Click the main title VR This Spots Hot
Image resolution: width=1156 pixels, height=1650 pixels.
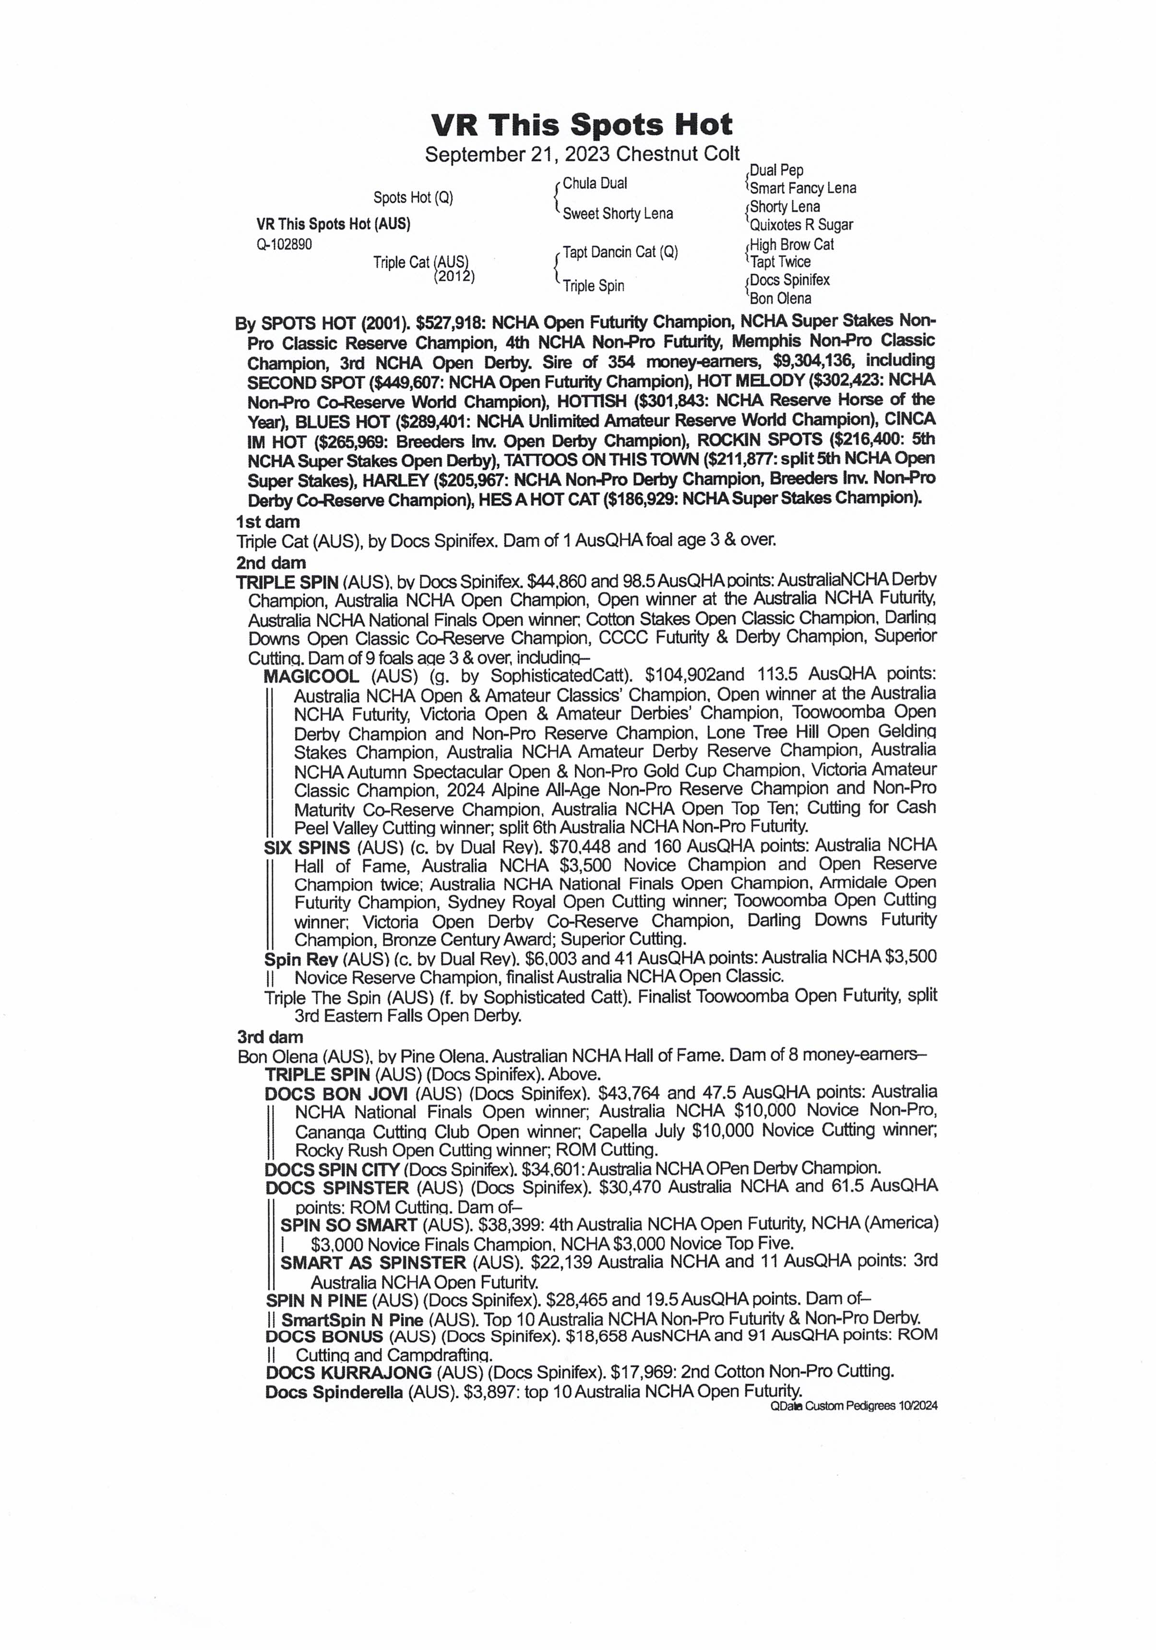[581, 125]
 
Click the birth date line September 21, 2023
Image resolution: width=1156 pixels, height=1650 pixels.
[581, 155]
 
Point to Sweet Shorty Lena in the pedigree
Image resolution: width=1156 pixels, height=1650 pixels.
[617, 214]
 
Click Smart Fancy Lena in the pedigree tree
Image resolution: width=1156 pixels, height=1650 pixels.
[802, 188]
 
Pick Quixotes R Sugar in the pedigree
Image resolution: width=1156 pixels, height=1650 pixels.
[801, 225]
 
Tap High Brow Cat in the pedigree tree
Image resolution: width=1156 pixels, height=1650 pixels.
[792, 244]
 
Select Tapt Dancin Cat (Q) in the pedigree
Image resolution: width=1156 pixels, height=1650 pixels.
[620, 252]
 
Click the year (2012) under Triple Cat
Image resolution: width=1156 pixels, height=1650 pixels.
[454, 277]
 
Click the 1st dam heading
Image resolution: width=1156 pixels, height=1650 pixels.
[268, 522]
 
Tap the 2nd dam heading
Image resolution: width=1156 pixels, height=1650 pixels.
[271, 563]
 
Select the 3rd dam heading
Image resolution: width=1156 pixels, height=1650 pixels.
[270, 1037]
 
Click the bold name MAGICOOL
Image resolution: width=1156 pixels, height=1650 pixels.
[311, 676]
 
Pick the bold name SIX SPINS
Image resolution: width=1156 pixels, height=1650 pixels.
[307, 848]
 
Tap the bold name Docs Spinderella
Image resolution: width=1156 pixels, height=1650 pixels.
[334, 1392]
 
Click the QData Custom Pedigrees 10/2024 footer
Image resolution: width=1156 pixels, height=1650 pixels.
[853, 1407]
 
